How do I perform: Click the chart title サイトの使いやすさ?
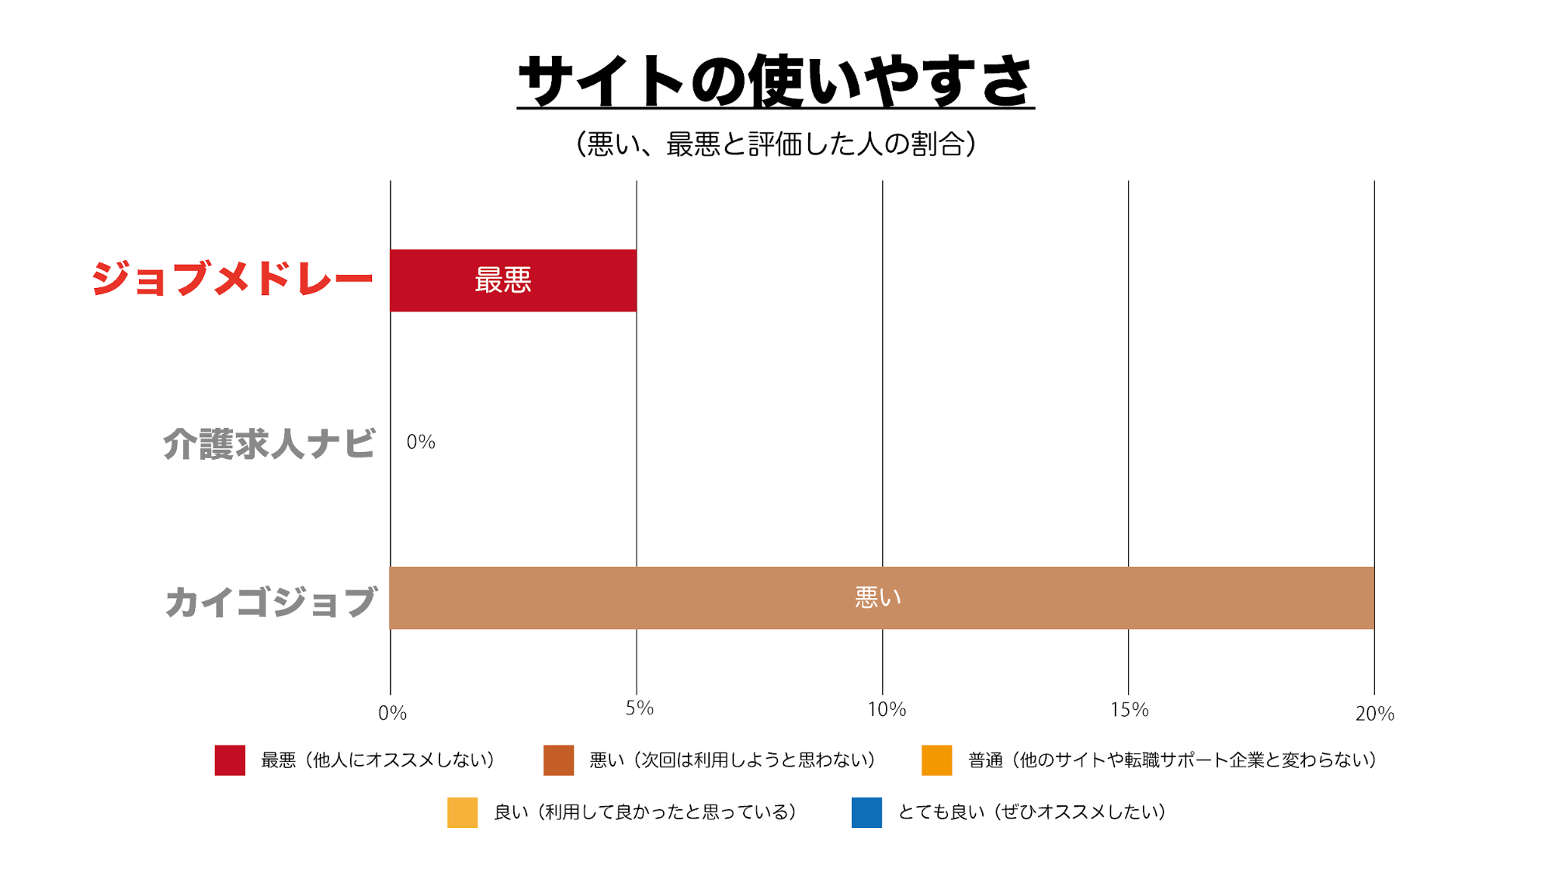(x=776, y=81)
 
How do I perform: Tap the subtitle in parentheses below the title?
(x=776, y=144)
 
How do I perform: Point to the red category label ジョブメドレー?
(x=232, y=279)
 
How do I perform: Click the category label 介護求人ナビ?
(x=269, y=444)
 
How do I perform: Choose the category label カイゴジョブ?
(x=271, y=603)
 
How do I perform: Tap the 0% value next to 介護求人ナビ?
(x=421, y=443)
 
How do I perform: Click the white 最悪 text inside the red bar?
(x=503, y=280)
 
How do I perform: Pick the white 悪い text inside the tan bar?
(x=878, y=598)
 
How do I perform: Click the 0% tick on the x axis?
(x=392, y=713)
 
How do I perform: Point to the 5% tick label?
(x=640, y=708)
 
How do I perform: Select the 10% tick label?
(x=887, y=709)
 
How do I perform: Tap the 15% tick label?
(x=1129, y=709)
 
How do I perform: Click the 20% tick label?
(x=1374, y=714)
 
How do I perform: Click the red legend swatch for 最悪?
(x=230, y=760)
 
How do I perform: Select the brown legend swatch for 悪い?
(x=558, y=760)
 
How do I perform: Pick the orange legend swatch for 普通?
(x=936, y=760)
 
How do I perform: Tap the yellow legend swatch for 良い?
(x=462, y=812)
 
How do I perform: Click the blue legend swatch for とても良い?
(x=866, y=812)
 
